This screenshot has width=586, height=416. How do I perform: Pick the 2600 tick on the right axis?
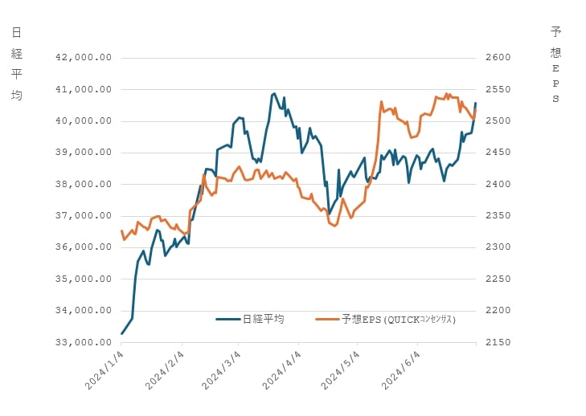click(x=498, y=58)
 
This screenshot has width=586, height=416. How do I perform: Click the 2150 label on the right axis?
click(x=498, y=342)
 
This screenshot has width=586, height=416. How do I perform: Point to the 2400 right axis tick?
click(x=498, y=184)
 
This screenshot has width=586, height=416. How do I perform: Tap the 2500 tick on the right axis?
click(x=498, y=121)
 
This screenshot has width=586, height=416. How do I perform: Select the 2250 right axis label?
click(x=498, y=279)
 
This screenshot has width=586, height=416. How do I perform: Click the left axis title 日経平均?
click(x=17, y=64)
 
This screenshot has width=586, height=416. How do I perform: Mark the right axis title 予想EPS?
click(x=555, y=64)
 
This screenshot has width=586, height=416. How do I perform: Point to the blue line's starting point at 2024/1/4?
click(x=121, y=333)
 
